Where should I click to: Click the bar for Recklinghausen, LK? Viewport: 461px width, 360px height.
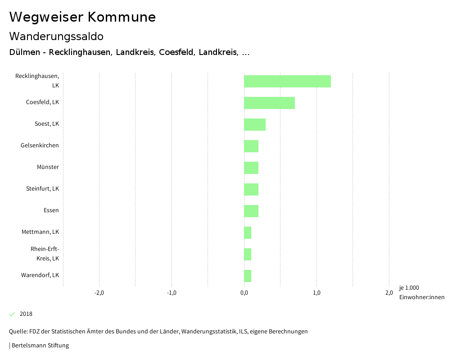(287, 81)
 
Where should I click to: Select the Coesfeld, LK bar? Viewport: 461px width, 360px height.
(269, 103)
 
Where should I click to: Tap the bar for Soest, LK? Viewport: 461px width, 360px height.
(255, 124)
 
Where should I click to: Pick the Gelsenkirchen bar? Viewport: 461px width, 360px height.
(251, 146)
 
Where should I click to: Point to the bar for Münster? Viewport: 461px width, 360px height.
(251, 168)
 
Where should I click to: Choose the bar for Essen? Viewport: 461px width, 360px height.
(251, 211)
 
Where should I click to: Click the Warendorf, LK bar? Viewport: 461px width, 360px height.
(248, 276)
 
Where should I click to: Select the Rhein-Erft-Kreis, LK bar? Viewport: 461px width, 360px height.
(248, 254)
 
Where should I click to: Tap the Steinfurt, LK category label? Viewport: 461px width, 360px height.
(42, 188)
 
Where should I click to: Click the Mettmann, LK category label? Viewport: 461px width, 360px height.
(40, 232)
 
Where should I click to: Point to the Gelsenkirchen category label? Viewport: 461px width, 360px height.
(40, 145)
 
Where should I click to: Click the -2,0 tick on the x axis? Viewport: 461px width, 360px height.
(99, 293)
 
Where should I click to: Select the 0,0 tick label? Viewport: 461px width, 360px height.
(244, 293)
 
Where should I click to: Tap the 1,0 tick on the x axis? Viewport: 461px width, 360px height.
(316, 293)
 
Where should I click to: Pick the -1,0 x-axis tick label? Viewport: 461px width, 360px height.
(172, 293)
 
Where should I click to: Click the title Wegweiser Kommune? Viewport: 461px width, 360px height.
(82, 17)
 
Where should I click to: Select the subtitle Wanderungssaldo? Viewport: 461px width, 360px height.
(56, 36)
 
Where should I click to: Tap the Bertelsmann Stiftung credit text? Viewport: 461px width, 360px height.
(40, 346)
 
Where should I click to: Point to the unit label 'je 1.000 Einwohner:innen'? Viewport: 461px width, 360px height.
(421, 292)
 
